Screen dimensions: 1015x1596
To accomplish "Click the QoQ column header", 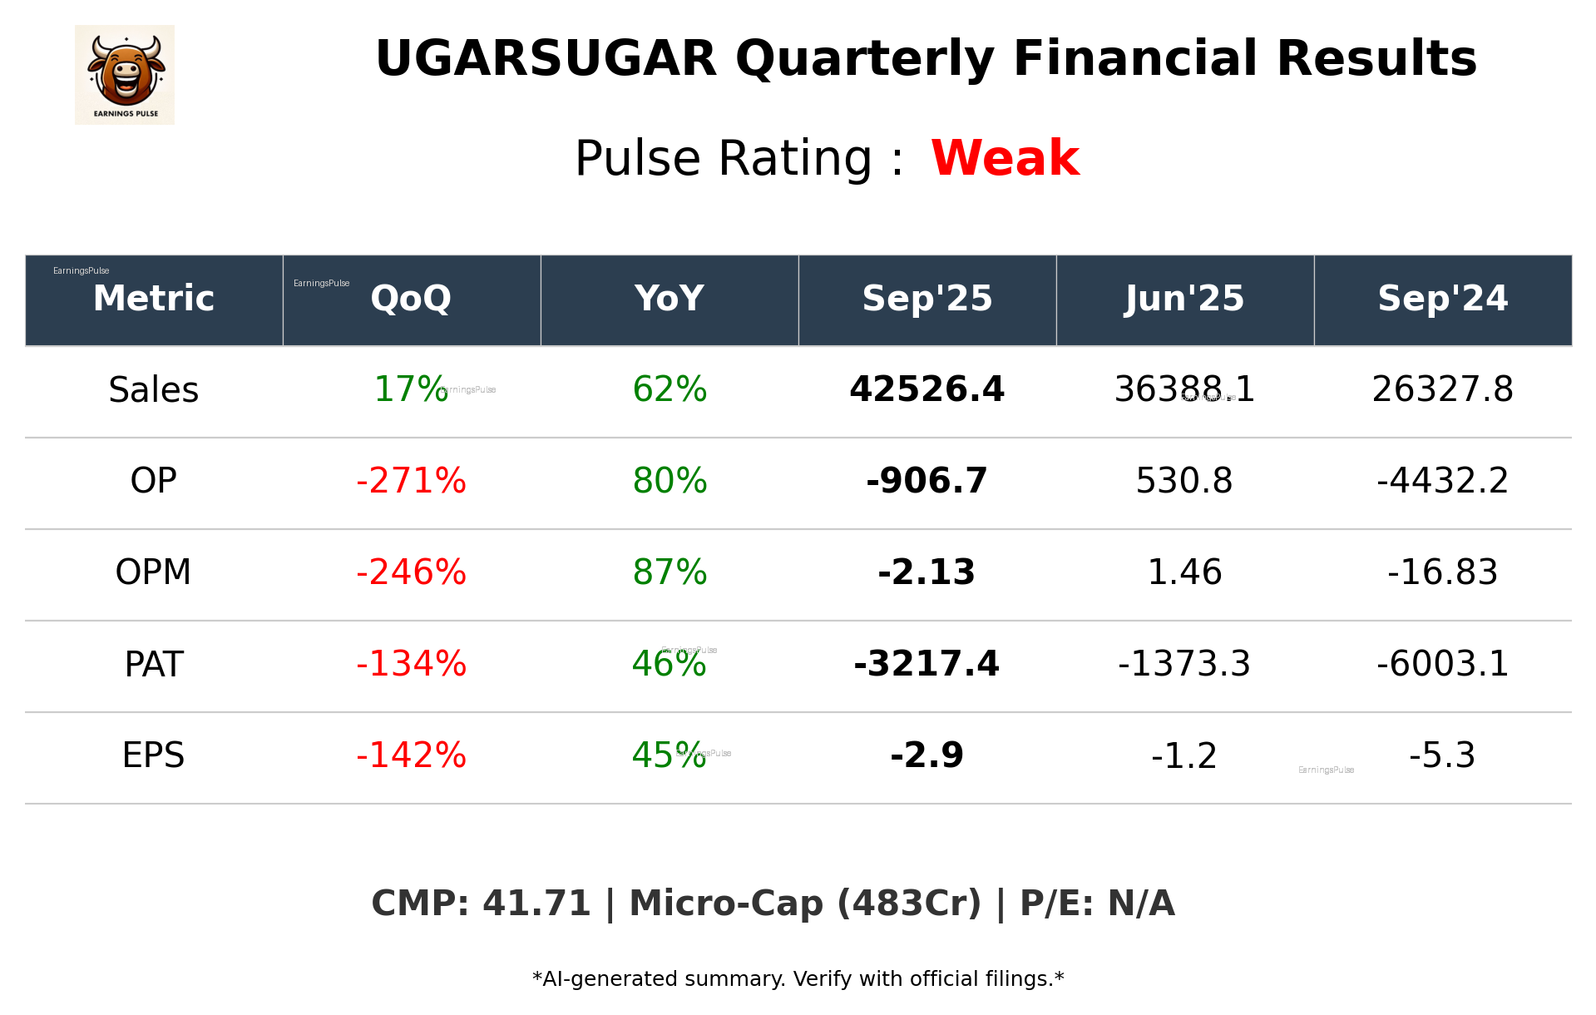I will [411, 299].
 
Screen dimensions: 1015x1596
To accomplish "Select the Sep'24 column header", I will [1442, 299].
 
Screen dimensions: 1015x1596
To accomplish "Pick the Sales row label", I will [154, 390].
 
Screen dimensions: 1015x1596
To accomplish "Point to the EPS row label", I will [154, 755].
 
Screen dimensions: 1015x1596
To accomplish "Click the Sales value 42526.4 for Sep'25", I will [926, 389].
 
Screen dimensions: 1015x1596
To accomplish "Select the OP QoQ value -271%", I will [411, 481].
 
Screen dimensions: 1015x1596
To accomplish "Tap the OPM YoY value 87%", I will [670, 572].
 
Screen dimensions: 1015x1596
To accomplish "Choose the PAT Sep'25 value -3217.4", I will [926, 664].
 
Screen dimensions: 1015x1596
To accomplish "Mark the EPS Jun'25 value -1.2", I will [1184, 756].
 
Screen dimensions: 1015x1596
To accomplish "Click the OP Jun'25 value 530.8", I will [1184, 481].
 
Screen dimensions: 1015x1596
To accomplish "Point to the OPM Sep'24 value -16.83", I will [1442, 572].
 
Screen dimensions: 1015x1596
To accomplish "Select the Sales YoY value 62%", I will [670, 389].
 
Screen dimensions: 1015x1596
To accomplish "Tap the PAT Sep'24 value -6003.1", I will [1442, 664].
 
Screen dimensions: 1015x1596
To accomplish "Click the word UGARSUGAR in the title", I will [546, 59].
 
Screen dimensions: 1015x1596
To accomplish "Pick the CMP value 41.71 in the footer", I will [536, 904].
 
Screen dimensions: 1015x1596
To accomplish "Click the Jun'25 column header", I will [1184, 299].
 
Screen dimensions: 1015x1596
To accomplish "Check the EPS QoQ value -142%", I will [411, 755].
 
